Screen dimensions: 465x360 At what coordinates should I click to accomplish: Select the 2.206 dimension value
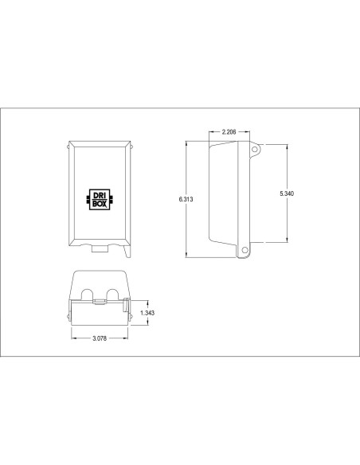pos(229,130)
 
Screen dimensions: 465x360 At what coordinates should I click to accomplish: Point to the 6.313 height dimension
pos(186,200)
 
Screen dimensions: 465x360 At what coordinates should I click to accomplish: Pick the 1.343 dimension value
pos(147,313)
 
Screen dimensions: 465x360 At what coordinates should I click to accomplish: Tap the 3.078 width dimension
pos(100,338)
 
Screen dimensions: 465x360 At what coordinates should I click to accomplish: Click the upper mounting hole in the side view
pos(255,149)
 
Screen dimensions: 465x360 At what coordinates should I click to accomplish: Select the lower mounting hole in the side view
pos(245,251)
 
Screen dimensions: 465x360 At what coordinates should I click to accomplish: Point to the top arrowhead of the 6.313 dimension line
pos(186,144)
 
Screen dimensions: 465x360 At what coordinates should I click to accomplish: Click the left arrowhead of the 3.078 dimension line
pos(73,338)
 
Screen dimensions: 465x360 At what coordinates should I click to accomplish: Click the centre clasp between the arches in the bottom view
pos(100,303)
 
